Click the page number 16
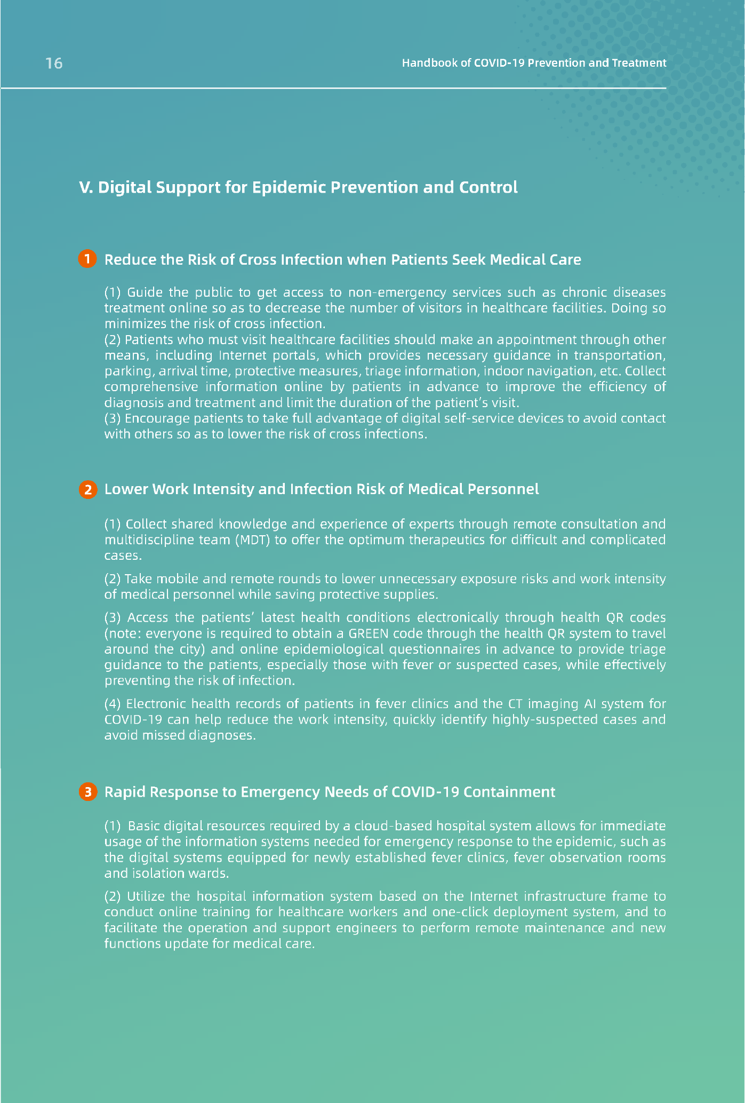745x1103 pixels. tap(54, 64)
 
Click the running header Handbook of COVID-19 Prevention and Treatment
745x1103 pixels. tap(533, 63)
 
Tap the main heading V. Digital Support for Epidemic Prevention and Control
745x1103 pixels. tap(298, 187)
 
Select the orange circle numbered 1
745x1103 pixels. tap(87, 259)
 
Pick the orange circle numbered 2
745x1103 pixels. tap(87, 489)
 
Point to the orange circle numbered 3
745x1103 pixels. tap(87, 791)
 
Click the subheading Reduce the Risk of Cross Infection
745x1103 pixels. tap(342, 259)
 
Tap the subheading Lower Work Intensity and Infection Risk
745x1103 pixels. tap(321, 489)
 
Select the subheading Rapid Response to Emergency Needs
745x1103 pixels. tap(329, 791)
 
